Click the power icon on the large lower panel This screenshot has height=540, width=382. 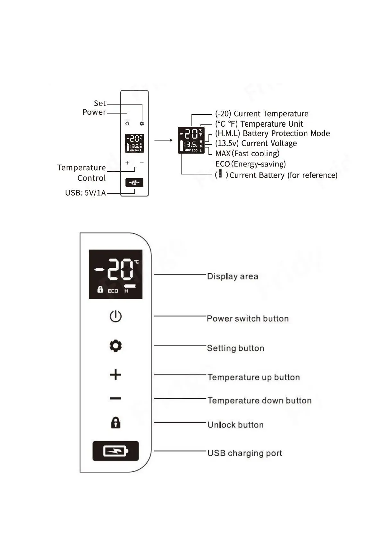pyautogui.click(x=115, y=316)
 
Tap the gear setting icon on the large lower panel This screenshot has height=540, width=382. pyautogui.click(x=115, y=346)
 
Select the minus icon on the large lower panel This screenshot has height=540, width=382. pyautogui.click(x=115, y=399)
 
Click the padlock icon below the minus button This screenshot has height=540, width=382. pyautogui.click(x=115, y=423)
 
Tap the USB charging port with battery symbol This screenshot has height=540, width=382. pyautogui.click(x=115, y=451)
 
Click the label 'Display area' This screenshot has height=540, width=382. pyautogui.click(x=233, y=276)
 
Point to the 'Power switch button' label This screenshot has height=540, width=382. pyautogui.click(x=248, y=318)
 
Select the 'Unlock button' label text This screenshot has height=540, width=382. pyautogui.click(x=235, y=425)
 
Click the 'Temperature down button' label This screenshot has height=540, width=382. pyautogui.click(x=259, y=401)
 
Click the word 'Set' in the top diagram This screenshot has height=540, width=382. pyautogui.click(x=99, y=103)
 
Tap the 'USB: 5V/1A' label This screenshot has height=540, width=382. pyautogui.click(x=85, y=193)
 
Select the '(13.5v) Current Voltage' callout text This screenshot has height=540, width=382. pyautogui.click(x=256, y=143)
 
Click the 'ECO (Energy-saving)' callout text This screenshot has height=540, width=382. pyautogui.click(x=250, y=164)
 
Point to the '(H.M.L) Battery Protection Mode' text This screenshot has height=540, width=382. pyautogui.click(x=272, y=133)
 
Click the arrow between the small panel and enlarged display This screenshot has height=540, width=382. pyautogui.click(x=163, y=140)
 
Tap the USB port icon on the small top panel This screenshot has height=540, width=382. pyautogui.click(x=134, y=183)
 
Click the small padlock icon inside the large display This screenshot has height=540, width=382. pyautogui.click(x=100, y=289)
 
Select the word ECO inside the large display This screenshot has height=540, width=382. pyautogui.click(x=113, y=291)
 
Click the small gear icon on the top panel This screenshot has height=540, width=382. pyautogui.click(x=142, y=123)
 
